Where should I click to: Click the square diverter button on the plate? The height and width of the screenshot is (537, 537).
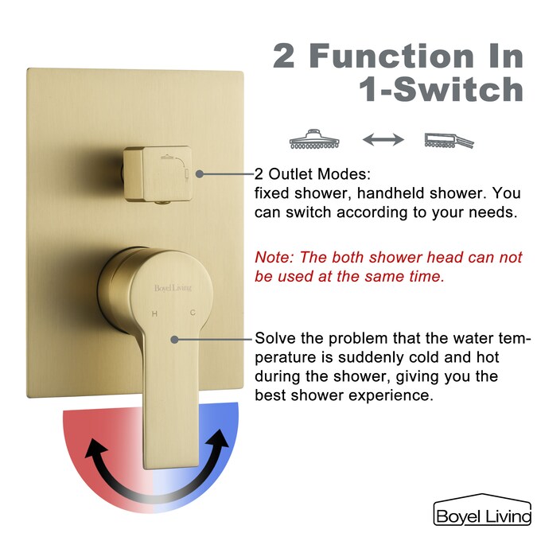pyautogui.click(x=158, y=173)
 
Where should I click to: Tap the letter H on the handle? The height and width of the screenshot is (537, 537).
pyautogui.click(x=155, y=313)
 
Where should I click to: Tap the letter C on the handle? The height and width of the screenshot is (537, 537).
pyautogui.click(x=193, y=313)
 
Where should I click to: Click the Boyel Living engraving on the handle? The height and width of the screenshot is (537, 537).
pyautogui.click(x=173, y=288)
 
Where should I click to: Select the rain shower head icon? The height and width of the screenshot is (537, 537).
pyautogui.click(x=315, y=138)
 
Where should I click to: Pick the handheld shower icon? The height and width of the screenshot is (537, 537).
pyautogui.click(x=449, y=140)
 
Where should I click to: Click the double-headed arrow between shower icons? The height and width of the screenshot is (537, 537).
pyautogui.click(x=383, y=139)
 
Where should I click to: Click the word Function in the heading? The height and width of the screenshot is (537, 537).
pyautogui.click(x=393, y=56)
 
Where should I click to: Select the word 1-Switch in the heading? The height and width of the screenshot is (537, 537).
pyautogui.click(x=441, y=89)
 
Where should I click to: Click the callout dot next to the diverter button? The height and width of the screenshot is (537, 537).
pyautogui.click(x=200, y=174)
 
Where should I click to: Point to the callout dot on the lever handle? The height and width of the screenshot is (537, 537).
pyautogui.click(x=175, y=340)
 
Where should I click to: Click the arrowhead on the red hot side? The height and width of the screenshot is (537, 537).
pyautogui.click(x=94, y=449)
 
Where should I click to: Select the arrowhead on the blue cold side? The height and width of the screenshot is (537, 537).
pyautogui.click(x=218, y=439)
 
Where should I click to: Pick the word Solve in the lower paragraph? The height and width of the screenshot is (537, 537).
pyautogui.click(x=275, y=338)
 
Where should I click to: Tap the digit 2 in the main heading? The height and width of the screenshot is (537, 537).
pyautogui.click(x=284, y=56)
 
